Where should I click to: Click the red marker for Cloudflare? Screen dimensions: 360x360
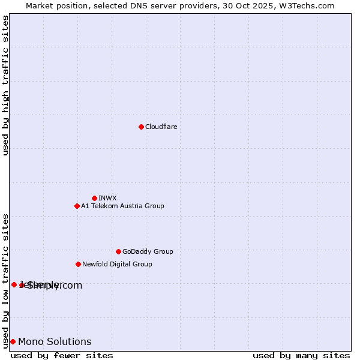(x=141, y=127)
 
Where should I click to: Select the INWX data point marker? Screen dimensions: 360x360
(x=94, y=198)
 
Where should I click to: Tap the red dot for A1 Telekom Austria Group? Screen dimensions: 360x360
(x=77, y=206)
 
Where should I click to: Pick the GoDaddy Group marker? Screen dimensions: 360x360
(x=118, y=251)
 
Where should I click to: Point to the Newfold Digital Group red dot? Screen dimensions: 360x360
(x=78, y=264)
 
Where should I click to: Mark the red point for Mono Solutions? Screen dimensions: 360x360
(x=13, y=341)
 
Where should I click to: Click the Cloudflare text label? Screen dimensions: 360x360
(x=161, y=127)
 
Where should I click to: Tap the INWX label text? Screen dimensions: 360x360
(x=107, y=198)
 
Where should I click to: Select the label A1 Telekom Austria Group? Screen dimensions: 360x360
(x=122, y=206)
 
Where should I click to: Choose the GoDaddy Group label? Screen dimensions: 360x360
(x=148, y=251)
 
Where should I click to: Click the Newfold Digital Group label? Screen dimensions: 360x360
(x=117, y=264)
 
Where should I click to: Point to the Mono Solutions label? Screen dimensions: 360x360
(x=55, y=342)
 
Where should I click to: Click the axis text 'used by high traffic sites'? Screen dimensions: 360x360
(x=5, y=85)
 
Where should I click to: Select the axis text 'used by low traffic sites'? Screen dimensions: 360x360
(x=5, y=281)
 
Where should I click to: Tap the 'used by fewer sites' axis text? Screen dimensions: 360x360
(x=62, y=355)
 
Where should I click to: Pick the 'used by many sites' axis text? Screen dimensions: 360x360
(x=301, y=355)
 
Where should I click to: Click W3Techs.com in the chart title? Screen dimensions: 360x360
(x=307, y=5)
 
